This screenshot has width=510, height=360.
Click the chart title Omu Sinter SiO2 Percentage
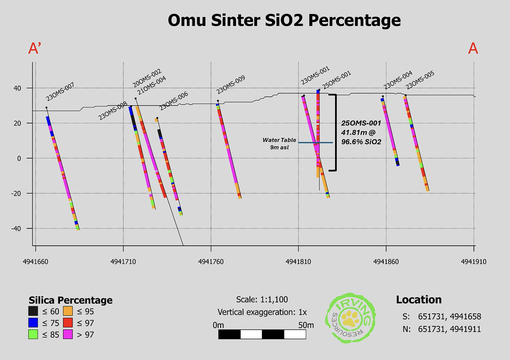tap(284, 20)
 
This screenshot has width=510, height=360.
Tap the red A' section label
tap(35, 49)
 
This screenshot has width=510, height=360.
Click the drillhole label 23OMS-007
tap(60, 92)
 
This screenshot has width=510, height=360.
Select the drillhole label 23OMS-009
tap(231, 85)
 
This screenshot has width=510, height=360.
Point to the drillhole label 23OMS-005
tap(420, 80)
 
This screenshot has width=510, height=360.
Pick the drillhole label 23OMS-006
tap(174, 101)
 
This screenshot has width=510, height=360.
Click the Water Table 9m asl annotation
tap(279, 144)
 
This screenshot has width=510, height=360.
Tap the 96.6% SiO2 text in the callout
tap(361, 142)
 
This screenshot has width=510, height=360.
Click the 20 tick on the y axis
tap(17, 123)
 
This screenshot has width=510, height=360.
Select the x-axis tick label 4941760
tap(211, 262)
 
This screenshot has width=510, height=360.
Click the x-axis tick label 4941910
tap(474, 262)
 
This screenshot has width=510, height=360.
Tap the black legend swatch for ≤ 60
tap(33, 311)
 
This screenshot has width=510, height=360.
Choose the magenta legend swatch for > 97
tap(68, 334)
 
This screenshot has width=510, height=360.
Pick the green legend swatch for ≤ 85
tap(33, 334)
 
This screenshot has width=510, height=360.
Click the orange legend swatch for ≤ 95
tap(68, 311)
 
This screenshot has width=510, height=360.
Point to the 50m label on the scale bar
tap(306, 325)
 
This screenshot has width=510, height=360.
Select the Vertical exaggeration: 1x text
tap(262, 312)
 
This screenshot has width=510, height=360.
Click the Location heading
tap(419, 300)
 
